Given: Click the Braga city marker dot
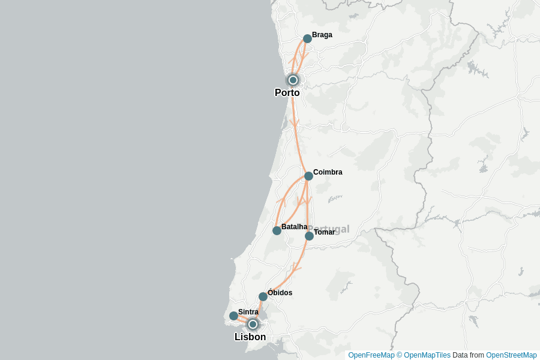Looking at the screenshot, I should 307,38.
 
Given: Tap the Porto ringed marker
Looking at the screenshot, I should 293,80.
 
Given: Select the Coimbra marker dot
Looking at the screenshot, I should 308,176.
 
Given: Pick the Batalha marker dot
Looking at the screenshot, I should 277,230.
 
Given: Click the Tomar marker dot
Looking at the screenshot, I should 309,236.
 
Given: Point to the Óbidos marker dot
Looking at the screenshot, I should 263,296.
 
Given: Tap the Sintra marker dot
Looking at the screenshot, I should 233,316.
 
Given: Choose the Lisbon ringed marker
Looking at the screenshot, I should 253,324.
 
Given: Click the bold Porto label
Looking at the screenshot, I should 287,92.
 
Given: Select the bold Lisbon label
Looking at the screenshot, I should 250,337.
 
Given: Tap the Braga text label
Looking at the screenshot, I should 322,35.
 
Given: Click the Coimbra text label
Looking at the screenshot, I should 328,172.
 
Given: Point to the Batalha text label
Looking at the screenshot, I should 294,227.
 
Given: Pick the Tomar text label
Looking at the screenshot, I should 325,232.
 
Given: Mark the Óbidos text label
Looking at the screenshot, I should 280,293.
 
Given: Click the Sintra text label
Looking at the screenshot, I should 248,312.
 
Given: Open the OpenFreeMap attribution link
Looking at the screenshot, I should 371,355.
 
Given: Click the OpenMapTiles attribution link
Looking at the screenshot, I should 427,355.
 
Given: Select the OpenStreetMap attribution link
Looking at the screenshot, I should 511,355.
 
